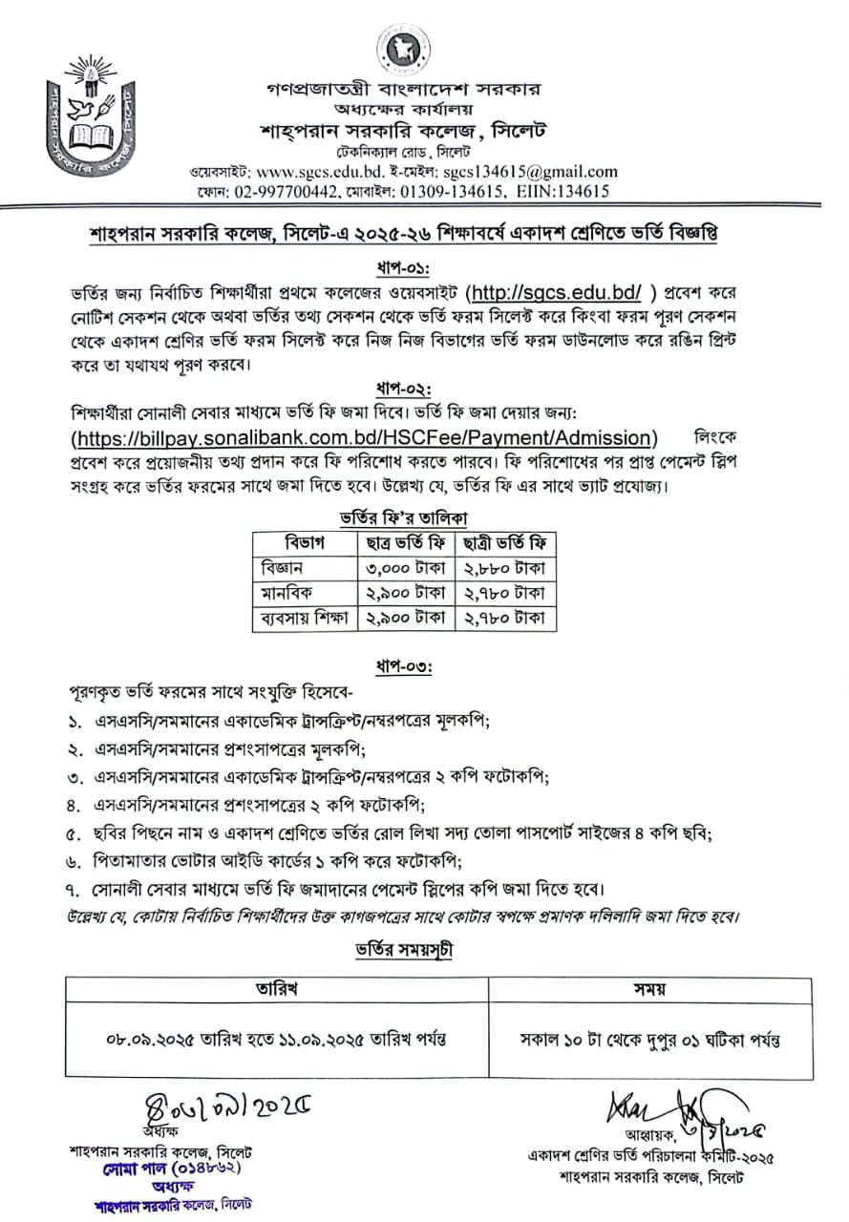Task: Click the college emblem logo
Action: (92, 120)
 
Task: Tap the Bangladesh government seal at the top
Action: (403, 50)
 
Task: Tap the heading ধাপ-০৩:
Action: (404, 667)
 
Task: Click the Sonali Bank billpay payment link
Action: (364, 437)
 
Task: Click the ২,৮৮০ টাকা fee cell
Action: (504, 568)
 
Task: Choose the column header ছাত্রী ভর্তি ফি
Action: (504, 543)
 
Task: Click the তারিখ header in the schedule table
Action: (276, 988)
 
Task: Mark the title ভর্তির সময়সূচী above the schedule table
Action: (404, 950)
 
